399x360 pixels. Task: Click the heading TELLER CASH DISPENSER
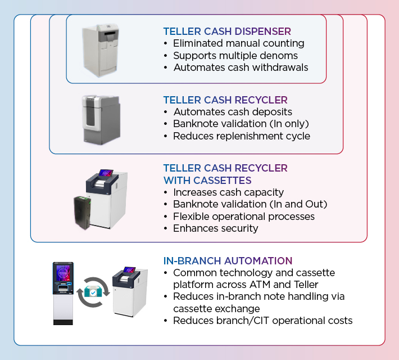click(227, 31)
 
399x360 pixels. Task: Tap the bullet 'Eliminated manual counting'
click(238, 43)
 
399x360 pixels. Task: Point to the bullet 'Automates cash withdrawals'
click(241, 67)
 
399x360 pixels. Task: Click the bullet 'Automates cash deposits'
click(233, 112)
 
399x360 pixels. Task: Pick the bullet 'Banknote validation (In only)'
click(241, 124)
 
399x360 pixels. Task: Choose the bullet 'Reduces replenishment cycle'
click(242, 136)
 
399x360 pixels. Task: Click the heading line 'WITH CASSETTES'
click(207, 181)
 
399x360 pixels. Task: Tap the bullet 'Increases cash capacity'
click(228, 192)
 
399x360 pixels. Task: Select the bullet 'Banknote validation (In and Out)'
click(250, 204)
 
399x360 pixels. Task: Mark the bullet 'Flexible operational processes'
click(244, 217)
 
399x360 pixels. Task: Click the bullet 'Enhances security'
click(216, 228)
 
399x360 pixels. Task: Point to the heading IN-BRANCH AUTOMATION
click(228, 261)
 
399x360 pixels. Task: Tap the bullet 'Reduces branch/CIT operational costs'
click(263, 321)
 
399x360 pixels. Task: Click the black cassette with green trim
click(87, 211)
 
